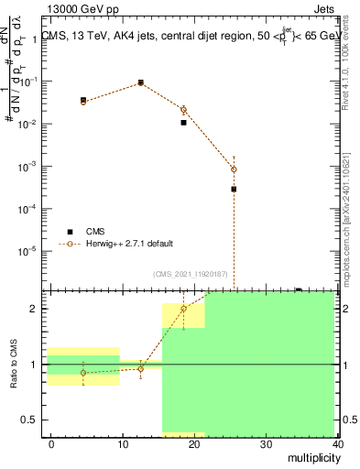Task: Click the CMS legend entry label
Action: tap(96, 232)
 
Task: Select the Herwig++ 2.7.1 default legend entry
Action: tap(129, 245)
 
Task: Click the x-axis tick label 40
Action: tap(338, 443)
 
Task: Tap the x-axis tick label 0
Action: tap(51, 443)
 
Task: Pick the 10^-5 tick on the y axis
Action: tap(28, 251)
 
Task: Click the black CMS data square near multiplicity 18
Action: tap(183, 122)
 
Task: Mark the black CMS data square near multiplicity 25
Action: tap(234, 189)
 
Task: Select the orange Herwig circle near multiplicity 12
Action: tap(141, 82)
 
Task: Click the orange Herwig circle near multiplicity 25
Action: tap(234, 169)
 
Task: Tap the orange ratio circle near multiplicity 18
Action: tap(183, 309)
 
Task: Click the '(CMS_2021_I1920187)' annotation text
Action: tap(190, 272)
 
